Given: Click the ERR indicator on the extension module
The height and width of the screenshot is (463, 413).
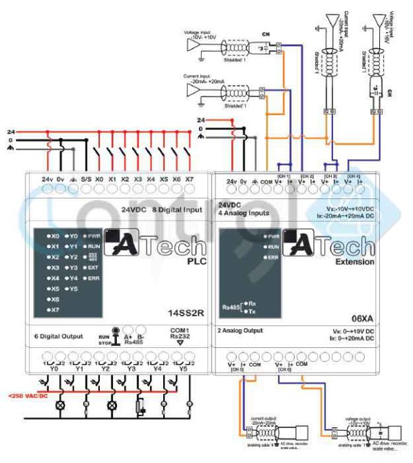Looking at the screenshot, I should (271, 256).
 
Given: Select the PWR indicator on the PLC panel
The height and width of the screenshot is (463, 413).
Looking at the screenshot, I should (91, 236).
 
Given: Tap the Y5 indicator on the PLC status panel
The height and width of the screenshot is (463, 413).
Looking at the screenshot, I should (72, 288).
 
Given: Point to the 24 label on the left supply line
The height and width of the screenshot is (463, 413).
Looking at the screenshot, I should (10, 131).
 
